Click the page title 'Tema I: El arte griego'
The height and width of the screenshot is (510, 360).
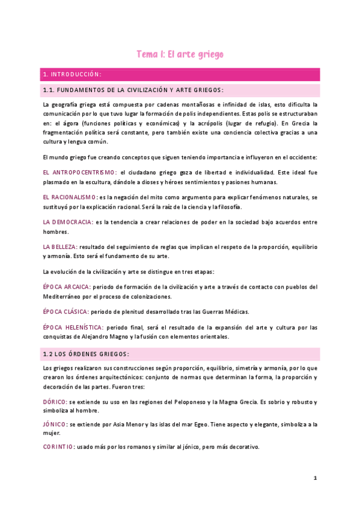click(x=180, y=54)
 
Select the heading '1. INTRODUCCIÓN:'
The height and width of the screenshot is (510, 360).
click(x=72, y=75)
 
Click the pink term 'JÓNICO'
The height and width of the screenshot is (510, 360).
click(x=54, y=424)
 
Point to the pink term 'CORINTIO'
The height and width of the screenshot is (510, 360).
click(x=58, y=447)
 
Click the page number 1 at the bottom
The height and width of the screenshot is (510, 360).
click(x=314, y=478)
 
